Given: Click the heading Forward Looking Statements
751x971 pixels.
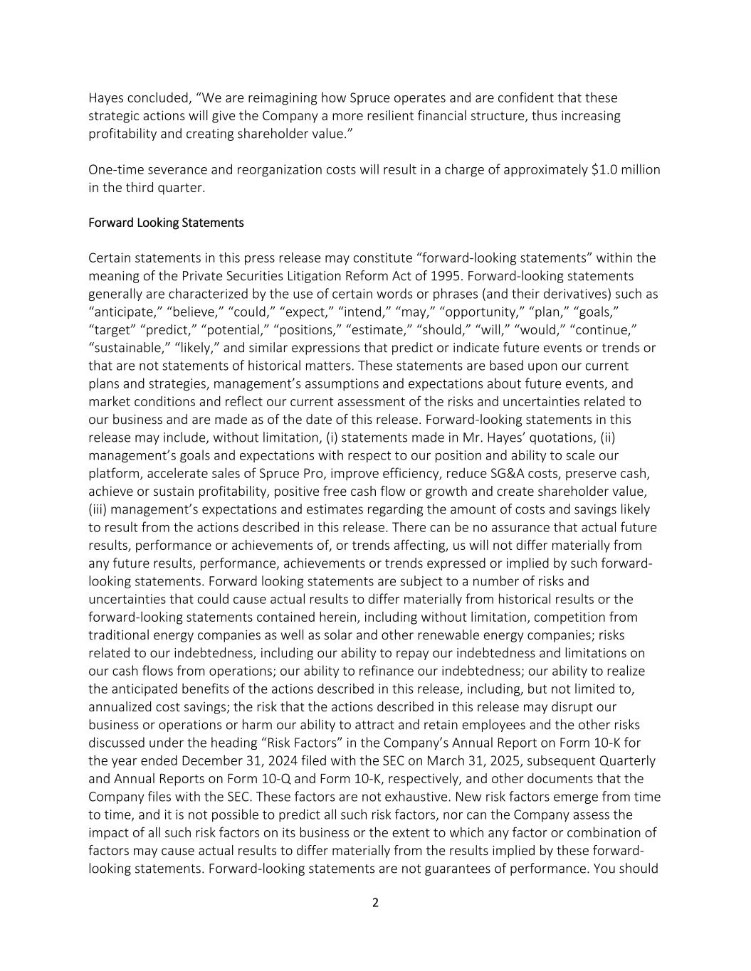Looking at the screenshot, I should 166,223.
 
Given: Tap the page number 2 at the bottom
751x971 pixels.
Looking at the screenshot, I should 375,903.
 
